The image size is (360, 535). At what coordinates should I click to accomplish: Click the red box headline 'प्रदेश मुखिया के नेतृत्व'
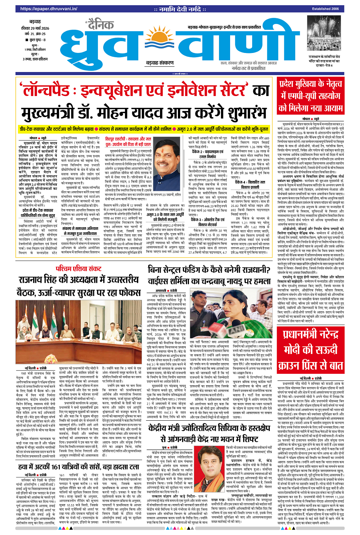point(310,83)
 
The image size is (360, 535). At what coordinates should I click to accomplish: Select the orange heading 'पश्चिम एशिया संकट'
point(78,268)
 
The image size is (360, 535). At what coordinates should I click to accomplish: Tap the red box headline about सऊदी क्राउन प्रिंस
point(310,349)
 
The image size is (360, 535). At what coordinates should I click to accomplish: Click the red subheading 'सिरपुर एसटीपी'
point(128,141)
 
